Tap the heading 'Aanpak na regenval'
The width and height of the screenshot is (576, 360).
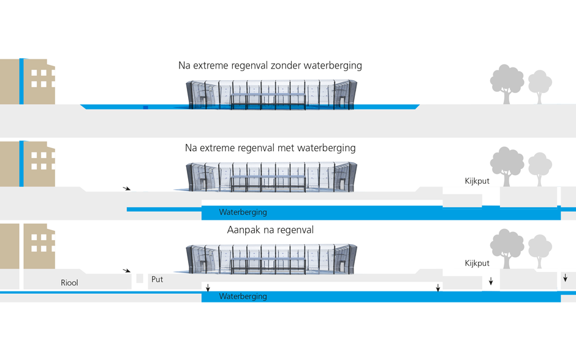click(x=270, y=230)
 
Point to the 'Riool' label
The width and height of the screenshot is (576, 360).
click(x=69, y=283)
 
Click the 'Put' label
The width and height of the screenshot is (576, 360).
click(x=157, y=279)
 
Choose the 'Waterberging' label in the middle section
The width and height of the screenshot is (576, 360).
click(x=243, y=212)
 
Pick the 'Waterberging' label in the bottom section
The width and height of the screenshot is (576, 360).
click(x=243, y=296)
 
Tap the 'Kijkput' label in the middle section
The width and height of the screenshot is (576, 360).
click(x=477, y=181)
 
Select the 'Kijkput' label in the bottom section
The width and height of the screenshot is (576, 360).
click(x=477, y=263)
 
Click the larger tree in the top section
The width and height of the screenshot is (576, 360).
click(x=507, y=83)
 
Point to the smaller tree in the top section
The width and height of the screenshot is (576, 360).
click(x=540, y=86)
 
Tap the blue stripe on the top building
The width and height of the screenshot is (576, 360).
click(x=21, y=81)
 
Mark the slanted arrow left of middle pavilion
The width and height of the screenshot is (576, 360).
click(x=127, y=189)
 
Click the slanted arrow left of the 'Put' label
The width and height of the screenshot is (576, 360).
click(x=127, y=270)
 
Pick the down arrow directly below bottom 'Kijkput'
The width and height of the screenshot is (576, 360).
click(x=491, y=282)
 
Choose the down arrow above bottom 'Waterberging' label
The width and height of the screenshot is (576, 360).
click(x=208, y=288)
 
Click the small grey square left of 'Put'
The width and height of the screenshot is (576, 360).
click(x=140, y=279)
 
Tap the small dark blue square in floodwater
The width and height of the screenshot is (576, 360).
click(x=146, y=108)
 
